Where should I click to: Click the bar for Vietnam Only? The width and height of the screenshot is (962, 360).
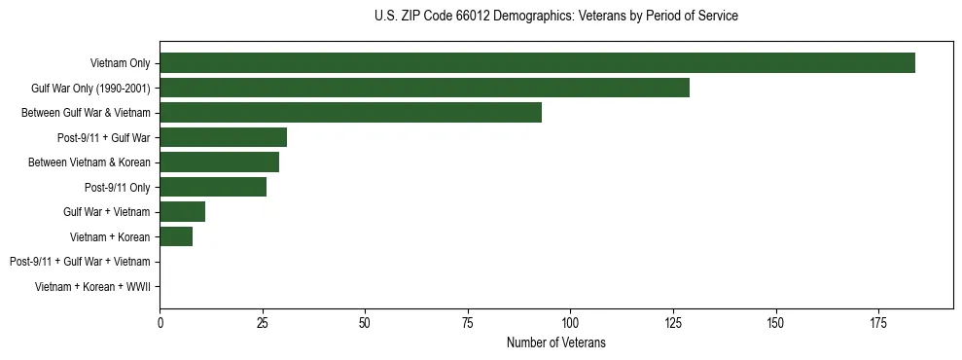pyautogui.click(x=537, y=63)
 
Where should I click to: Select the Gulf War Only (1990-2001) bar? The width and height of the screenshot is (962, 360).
pyautogui.click(x=424, y=88)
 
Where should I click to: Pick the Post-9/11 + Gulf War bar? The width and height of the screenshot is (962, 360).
pyautogui.click(x=223, y=137)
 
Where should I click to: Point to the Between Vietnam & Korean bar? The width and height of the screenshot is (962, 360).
pyautogui.click(x=219, y=162)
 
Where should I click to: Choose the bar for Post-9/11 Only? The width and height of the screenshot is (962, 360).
pyautogui.click(x=213, y=187)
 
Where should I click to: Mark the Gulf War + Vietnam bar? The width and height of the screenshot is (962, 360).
pyautogui.click(x=182, y=211)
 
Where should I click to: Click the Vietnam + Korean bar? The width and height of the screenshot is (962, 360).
pyautogui.click(x=176, y=236)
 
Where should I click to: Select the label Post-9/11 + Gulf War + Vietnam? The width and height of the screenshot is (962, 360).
pyautogui.click(x=80, y=262)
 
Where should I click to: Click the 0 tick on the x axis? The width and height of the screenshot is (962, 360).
pyautogui.click(x=160, y=321)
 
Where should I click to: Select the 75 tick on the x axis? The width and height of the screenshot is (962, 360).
pyautogui.click(x=467, y=321)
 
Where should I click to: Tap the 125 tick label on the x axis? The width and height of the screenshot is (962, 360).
pyautogui.click(x=672, y=321)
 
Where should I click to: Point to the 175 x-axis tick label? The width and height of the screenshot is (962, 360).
pyautogui.click(x=877, y=321)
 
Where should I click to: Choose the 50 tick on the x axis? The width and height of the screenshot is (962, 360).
pyautogui.click(x=365, y=321)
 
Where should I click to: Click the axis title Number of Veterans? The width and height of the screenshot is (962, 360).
pyautogui.click(x=555, y=342)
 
